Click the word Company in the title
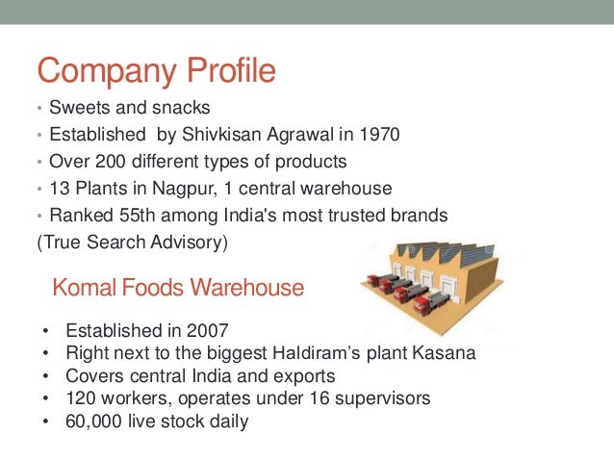[x=101, y=71]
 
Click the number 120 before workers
[x=79, y=397]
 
